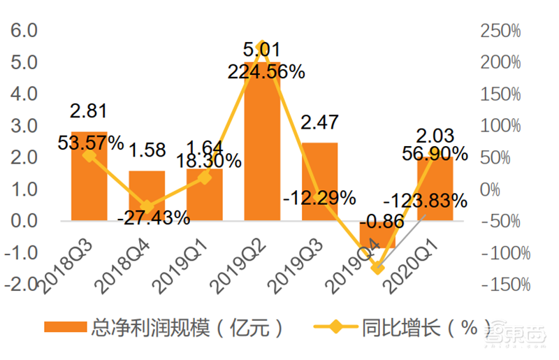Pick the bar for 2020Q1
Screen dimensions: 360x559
point(435,189)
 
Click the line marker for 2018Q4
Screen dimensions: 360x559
point(147,206)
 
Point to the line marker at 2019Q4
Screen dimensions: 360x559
point(377,267)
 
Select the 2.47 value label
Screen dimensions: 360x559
point(319,122)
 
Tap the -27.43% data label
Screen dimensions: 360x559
point(154,217)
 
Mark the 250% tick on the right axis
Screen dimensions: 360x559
point(501,31)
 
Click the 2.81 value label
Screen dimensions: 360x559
point(89,110)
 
